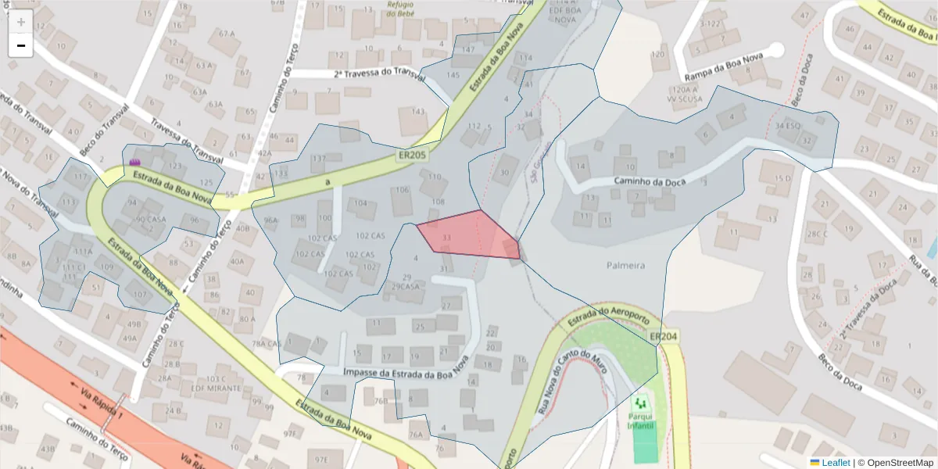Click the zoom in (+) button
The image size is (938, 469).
pyautogui.click(x=20, y=22)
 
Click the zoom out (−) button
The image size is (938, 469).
pyautogui.click(x=20, y=45)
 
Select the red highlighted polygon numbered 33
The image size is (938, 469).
pyautogui.click(x=469, y=234)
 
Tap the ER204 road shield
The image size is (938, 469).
pyautogui.click(x=663, y=337)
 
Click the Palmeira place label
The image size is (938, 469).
pyautogui.click(x=625, y=265)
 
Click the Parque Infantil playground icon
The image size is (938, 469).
pyautogui.click(x=643, y=403)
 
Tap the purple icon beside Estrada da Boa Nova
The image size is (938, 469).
pyautogui.click(x=135, y=161)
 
